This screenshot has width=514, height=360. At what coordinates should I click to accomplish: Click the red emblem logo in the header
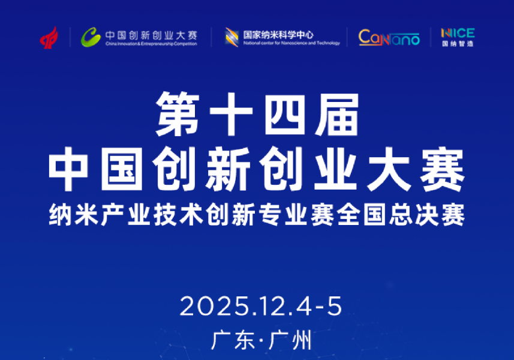tap(49, 37)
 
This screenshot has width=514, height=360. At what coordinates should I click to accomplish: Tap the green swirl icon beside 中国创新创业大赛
tap(91, 37)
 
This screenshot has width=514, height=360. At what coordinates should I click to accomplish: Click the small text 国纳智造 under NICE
tap(457, 44)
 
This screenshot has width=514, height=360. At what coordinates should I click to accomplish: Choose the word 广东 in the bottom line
tap(230, 341)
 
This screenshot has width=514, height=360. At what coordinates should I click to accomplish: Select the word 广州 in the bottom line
tap(292, 341)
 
